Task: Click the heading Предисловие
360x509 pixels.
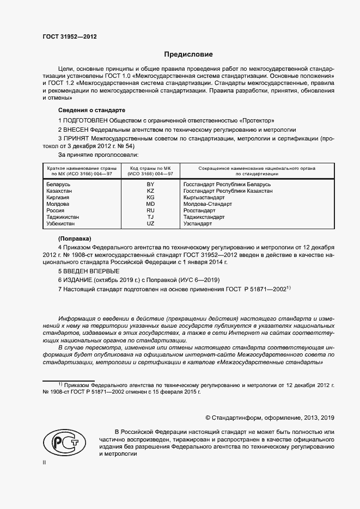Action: click(188, 54)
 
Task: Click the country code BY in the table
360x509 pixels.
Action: click(151, 185)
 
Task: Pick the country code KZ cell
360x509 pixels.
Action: click(151, 191)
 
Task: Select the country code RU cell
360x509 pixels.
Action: click(151, 211)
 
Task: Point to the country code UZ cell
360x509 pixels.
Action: click(151, 224)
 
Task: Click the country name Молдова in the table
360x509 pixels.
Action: click(58, 204)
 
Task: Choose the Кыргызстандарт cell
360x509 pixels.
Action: click(204, 198)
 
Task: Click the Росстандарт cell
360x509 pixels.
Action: click(200, 211)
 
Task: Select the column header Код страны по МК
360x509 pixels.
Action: click(151, 171)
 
